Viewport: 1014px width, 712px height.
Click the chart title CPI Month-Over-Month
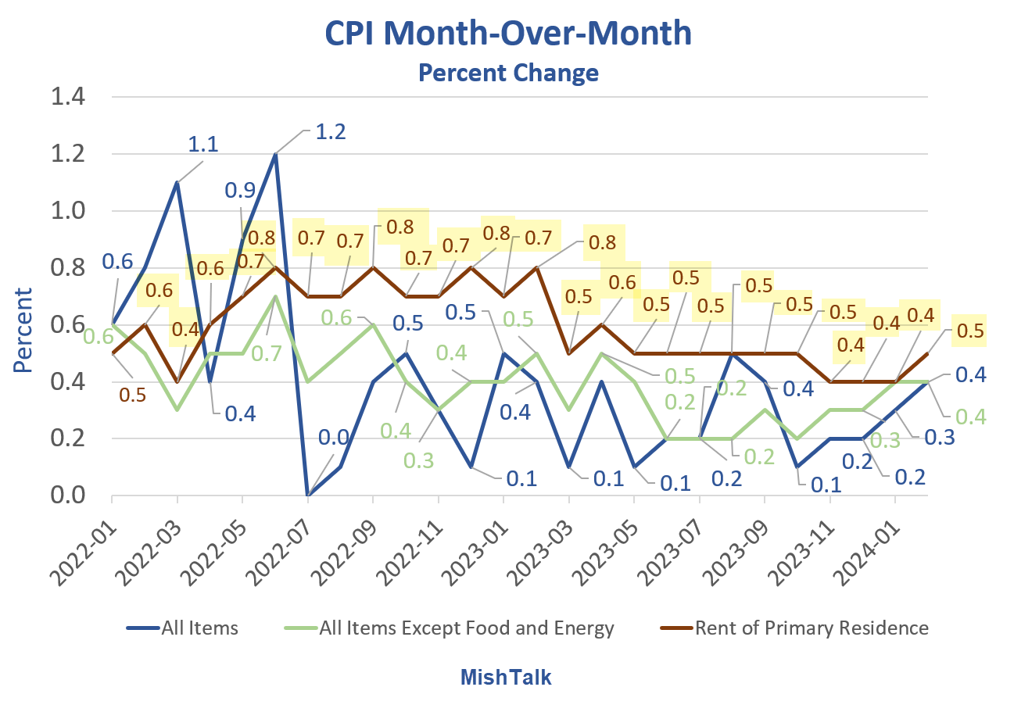(x=508, y=34)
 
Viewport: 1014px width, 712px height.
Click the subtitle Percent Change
(x=508, y=73)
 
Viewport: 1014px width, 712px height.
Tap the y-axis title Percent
(x=23, y=331)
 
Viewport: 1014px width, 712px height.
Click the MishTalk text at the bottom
(x=505, y=677)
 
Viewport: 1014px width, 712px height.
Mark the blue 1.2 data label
(x=329, y=131)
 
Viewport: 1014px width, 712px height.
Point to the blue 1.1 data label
(x=202, y=144)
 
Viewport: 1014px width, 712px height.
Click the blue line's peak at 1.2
(x=275, y=155)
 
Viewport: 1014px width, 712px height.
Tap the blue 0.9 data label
(x=240, y=190)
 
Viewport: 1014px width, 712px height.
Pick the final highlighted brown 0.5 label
(x=970, y=330)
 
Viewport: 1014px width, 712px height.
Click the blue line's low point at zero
(x=308, y=495)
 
